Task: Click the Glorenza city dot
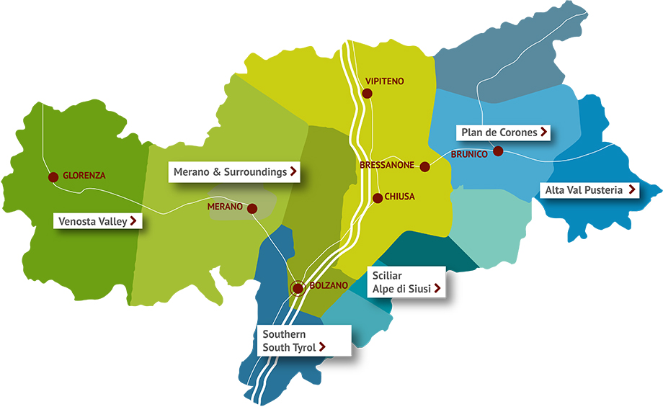tap(53, 176)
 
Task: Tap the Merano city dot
tap(252, 208)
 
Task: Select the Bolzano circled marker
tap(298, 288)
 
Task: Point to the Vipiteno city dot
tap(368, 94)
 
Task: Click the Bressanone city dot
tap(425, 166)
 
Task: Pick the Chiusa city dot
tap(377, 197)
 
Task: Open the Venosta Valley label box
tap(98, 220)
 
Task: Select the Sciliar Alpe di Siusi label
tap(406, 282)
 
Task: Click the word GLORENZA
tap(84, 175)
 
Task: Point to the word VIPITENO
tap(386, 81)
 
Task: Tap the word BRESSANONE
tap(387, 165)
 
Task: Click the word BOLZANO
tap(329, 286)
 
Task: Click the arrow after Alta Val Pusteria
tap(632, 190)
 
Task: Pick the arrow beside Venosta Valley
tap(134, 220)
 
